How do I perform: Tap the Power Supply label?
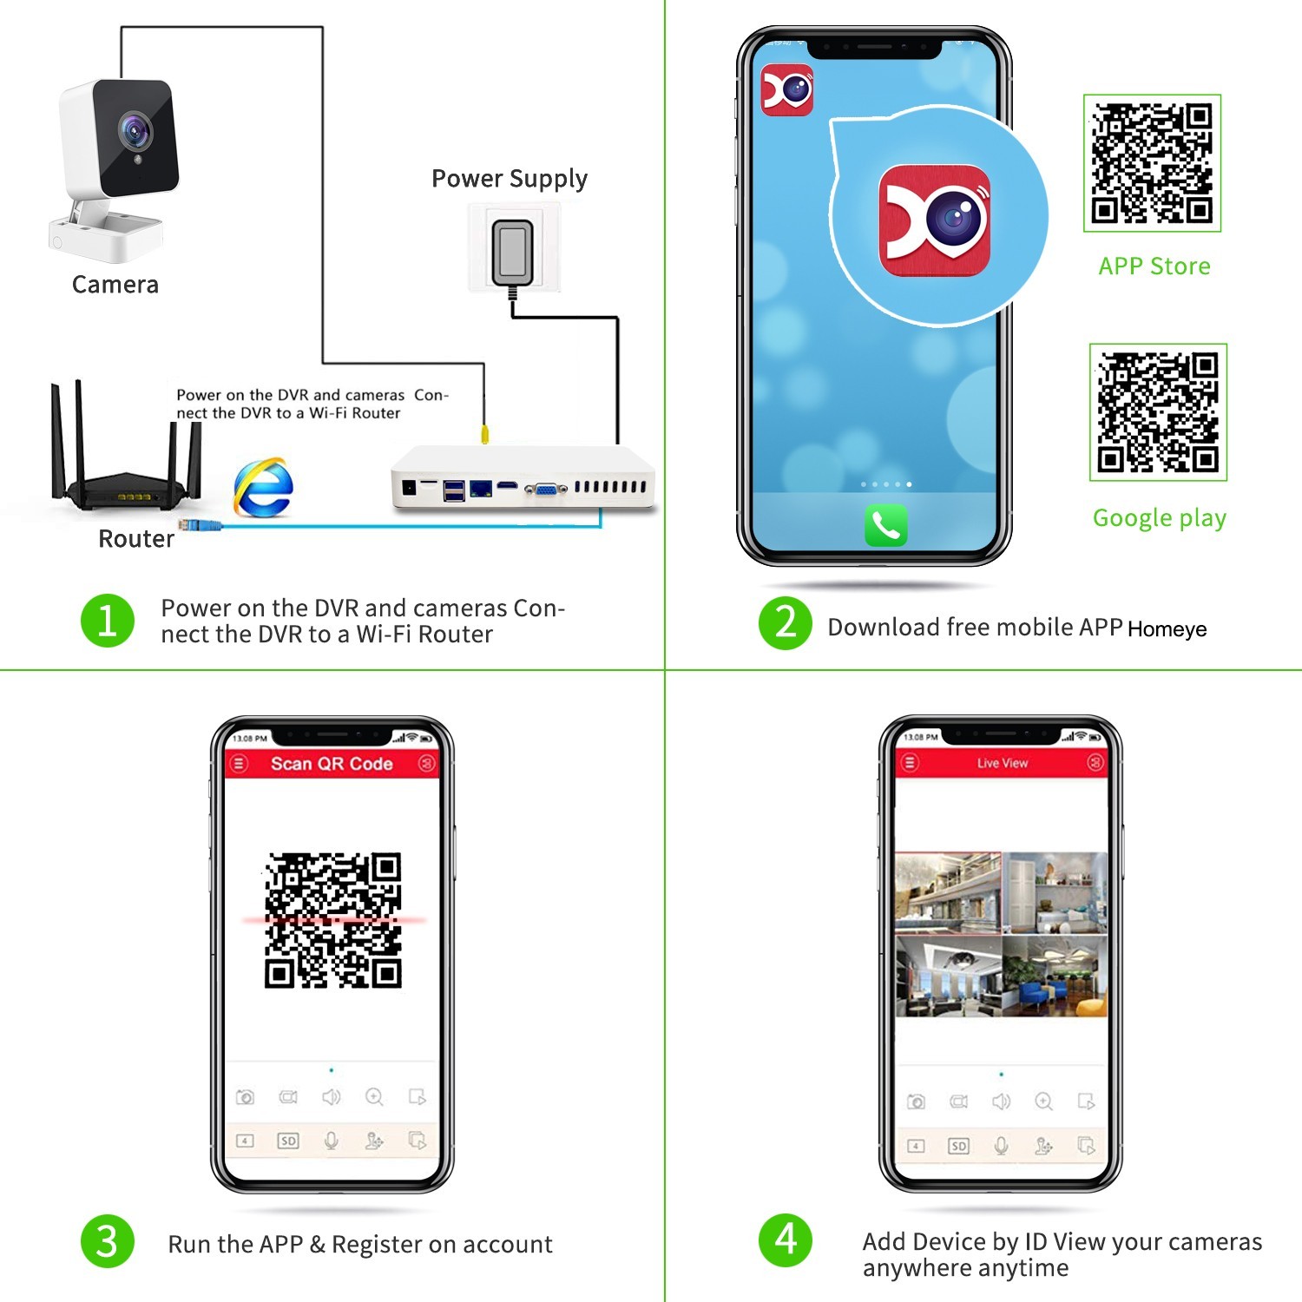[x=510, y=179]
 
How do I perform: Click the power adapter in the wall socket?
[x=513, y=253]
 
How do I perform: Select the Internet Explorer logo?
[x=263, y=486]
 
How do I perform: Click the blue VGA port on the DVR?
[x=546, y=490]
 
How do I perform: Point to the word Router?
[x=136, y=539]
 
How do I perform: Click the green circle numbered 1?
[x=108, y=621]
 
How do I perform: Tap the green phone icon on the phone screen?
[x=886, y=525]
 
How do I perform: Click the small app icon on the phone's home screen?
[x=787, y=89]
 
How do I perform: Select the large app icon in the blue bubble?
[x=935, y=220]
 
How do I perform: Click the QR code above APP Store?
[x=1152, y=163]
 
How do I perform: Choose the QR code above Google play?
[x=1158, y=412]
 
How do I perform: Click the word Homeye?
[x=1167, y=629]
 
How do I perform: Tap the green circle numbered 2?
[x=786, y=622]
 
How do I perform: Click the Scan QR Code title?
[x=332, y=764]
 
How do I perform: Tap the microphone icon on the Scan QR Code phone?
[x=331, y=1141]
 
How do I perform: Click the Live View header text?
[x=1003, y=763]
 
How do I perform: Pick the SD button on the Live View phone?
[x=958, y=1146]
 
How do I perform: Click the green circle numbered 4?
[x=786, y=1240]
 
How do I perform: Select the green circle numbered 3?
[x=108, y=1240]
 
